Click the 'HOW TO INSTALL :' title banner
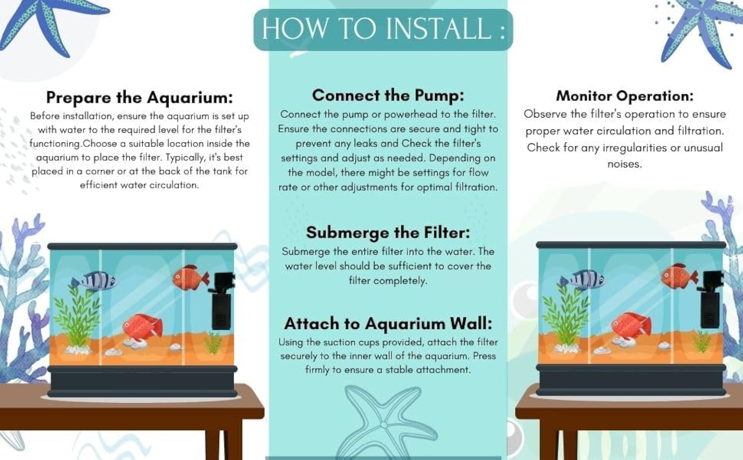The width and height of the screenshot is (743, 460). pos(383,29)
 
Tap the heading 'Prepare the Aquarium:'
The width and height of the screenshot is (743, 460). pos(139,97)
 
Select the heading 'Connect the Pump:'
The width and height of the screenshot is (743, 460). pos(388,95)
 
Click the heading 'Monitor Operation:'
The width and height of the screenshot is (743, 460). pos(624,96)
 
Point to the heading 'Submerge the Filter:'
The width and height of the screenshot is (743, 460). pos(388,232)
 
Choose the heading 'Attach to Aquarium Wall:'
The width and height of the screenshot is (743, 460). pos(388,324)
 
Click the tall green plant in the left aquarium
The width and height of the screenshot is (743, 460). pos(77,316)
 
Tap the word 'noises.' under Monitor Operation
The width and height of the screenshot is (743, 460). pos(624,164)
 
